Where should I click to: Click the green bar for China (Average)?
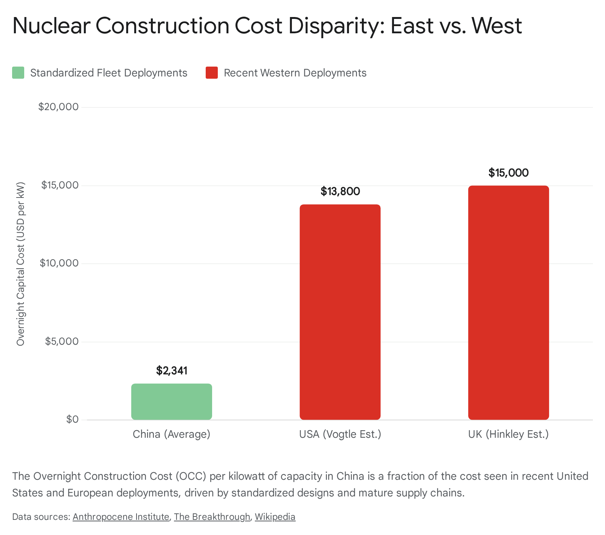[171, 402]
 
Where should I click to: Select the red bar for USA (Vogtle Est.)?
[340, 312]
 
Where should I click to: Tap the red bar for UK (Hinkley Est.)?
[508, 303]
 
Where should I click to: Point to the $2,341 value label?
[172, 371]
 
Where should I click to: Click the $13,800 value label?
[340, 191]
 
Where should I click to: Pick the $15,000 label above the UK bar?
[508, 173]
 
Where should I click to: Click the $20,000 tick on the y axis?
[59, 107]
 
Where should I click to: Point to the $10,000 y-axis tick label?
[59, 263]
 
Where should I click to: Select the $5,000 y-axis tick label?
[62, 342]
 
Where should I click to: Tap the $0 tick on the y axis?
[72, 420]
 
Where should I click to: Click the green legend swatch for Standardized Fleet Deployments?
[18, 73]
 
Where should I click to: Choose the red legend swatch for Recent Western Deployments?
[212, 73]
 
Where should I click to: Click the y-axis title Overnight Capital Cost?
[20, 264]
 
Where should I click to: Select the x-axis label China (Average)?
[171, 434]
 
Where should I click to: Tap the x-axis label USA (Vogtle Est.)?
[340, 434]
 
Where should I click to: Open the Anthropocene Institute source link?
[121, 517]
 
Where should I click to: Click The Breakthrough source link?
[212, 517]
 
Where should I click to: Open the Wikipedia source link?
[275, 517]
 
